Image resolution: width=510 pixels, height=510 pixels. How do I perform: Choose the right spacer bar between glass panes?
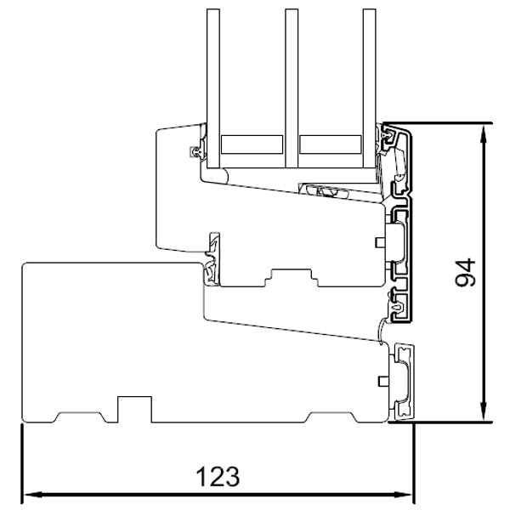click(330, 144)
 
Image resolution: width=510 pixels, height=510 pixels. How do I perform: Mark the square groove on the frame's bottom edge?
click(130, 407)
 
